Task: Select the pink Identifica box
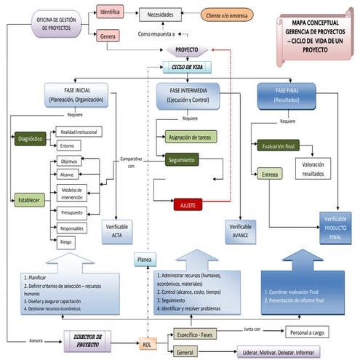(111, 12)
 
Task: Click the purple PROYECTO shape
(187, 50)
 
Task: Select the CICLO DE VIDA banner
(187, 66)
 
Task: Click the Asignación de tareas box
(190, 136)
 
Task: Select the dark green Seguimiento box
(187, 160)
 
